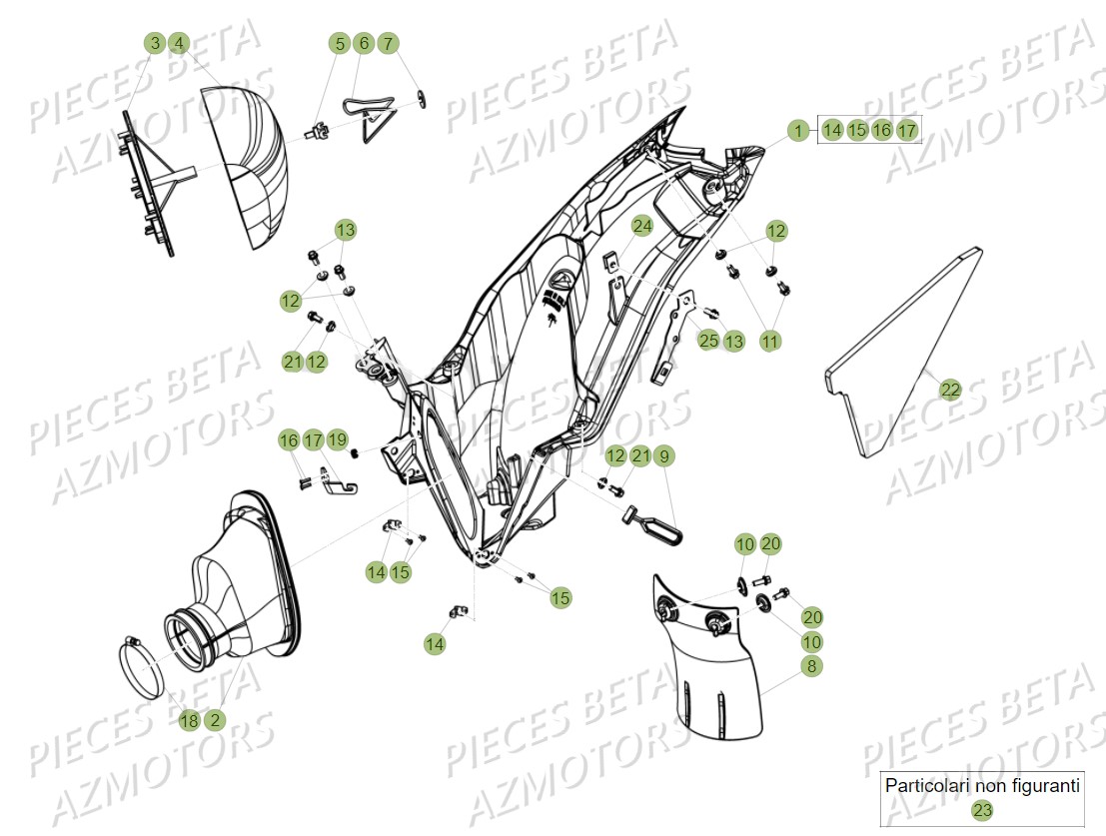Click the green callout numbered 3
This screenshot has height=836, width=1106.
pyautogui.click(x=154, y=44)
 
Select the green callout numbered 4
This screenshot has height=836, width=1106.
pyautogui.click(x=179, y=44)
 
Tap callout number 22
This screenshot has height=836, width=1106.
pyautogui.click(x=950, y=391)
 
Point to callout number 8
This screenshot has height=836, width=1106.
pyautogui.click(x=811, y=666)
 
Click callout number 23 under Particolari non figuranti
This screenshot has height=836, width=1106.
pyautogui.click(x=982, y=810)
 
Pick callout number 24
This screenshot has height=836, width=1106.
pyautogui.click(x=641, y=227)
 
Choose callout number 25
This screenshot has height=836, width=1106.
pyautogui.click(x=708, y=341)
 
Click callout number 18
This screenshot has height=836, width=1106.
pyautogui.click(x=190, y=720)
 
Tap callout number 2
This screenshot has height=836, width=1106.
pyautogui.click(x=215, y=720)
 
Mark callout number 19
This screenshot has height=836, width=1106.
pyautogui.click(x=338, y=439)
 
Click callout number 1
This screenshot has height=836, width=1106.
pyautogui.click(x=798, y=130)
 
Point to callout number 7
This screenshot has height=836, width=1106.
pyautogui.click(x=388, y=44)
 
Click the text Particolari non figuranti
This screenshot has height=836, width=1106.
pyautogui.click(x=982, y=786)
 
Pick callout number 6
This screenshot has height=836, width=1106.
pyautogui.click(x=364, y=44)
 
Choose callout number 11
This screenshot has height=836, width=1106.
pyautogui.click(x=769, y=341)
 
